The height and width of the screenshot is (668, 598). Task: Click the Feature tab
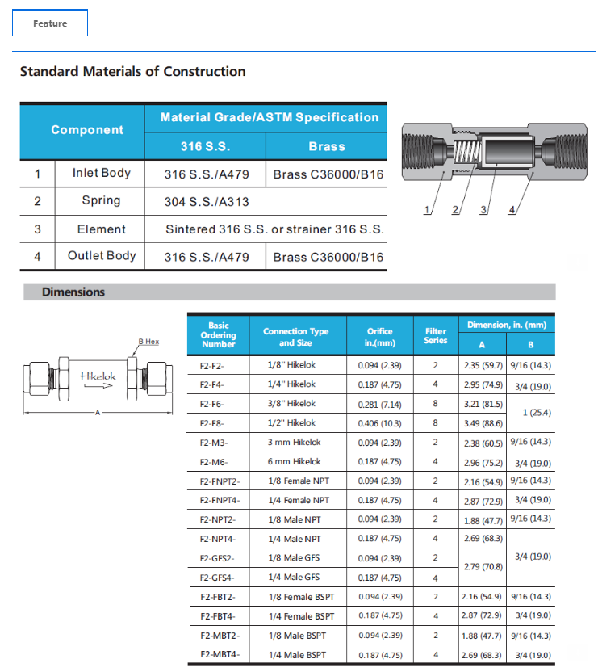[50, 23]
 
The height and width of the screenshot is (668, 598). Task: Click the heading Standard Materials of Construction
[132, 71]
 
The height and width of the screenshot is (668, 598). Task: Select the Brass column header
[326, 146]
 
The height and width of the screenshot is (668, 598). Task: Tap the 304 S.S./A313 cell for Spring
[207, 201]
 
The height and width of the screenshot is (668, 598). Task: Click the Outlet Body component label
[102, 256]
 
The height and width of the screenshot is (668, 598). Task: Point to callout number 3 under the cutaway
[484, 210]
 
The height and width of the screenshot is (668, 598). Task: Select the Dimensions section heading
[73, 292]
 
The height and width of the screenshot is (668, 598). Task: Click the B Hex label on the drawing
[148, 342]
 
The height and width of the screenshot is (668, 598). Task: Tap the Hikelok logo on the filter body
[98, 376]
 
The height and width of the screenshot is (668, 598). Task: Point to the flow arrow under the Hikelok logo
[98, 387]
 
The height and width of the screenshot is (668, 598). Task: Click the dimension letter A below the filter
[97, 413]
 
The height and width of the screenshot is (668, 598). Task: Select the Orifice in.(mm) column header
[379, 336]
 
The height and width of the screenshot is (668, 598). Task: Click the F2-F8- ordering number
[211, 422]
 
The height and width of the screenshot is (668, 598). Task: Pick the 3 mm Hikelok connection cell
[295, 442]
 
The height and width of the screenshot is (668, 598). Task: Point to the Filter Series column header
[435, 336]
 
